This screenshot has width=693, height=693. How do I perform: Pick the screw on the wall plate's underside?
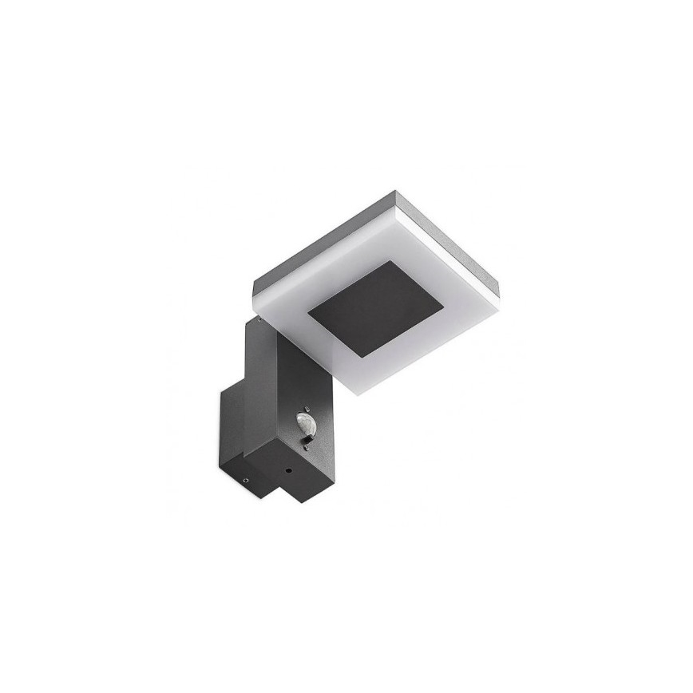coord(246,481)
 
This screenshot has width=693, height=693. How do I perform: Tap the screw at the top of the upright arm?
coord(259,319)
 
